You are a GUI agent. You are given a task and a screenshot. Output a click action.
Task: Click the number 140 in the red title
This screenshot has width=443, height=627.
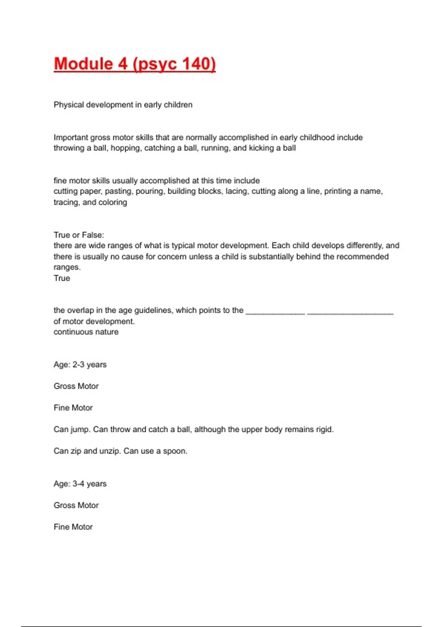click(x=196, y=64)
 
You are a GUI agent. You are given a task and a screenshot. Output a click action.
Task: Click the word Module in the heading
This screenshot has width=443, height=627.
click(x=83, y=64)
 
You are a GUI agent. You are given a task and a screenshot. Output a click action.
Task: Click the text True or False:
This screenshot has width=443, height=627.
click(x=79, y=235)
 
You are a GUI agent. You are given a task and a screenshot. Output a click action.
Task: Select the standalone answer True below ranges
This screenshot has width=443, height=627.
click(x=62, y=278)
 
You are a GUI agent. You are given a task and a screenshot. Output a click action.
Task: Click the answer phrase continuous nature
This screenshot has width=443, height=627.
click(x=86, y=332)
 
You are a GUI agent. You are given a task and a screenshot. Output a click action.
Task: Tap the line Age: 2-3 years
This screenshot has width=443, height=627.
click(x=80, y=365)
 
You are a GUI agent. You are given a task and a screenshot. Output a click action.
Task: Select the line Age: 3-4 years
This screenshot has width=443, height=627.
click(x=80, y=484)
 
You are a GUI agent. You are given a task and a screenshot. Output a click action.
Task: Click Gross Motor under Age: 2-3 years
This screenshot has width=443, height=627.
click(x=76, y=386)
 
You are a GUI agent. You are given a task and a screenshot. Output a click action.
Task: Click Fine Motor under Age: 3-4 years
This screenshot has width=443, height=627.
click(x=73, y=527)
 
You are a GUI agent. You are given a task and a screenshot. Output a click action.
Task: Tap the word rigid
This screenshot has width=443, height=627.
click(x=324, y=430)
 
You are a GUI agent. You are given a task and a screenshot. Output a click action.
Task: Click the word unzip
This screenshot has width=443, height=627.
click(x=110, y=451)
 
